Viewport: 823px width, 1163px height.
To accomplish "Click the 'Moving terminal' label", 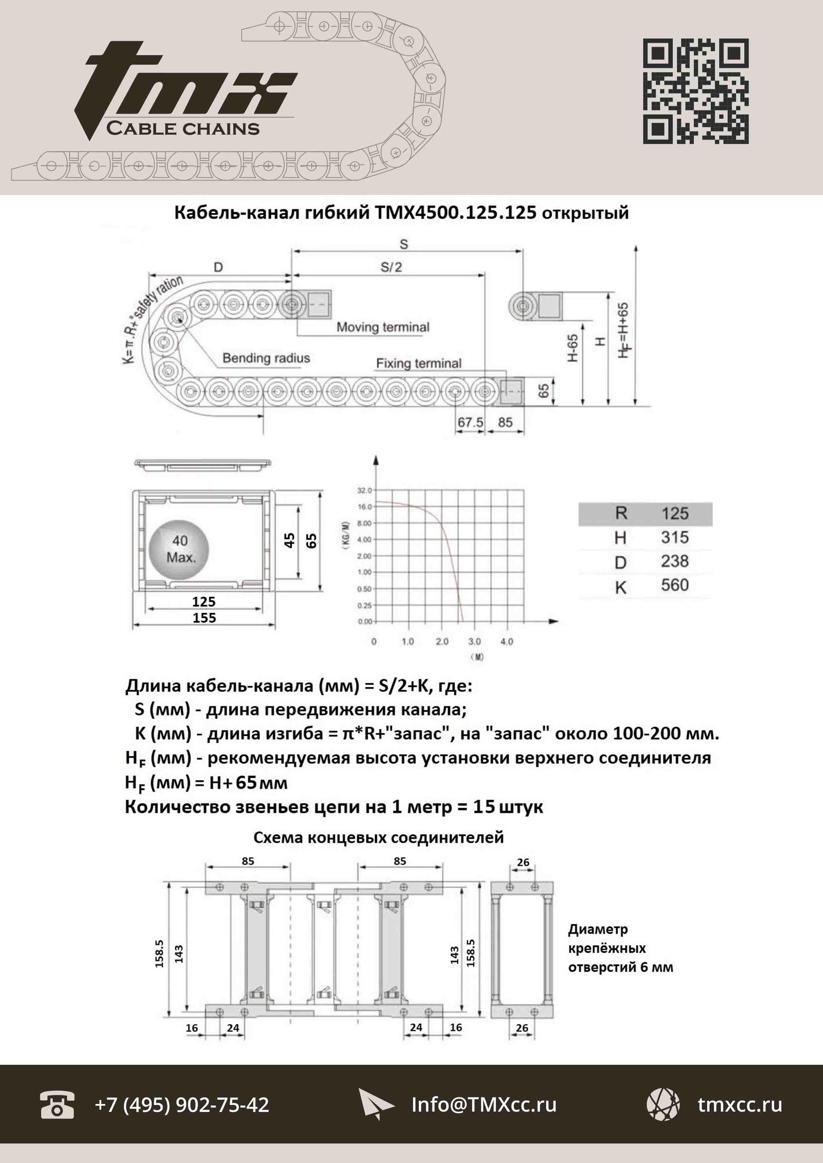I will point(383,327).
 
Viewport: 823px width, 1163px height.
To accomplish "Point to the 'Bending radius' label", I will point(266,358).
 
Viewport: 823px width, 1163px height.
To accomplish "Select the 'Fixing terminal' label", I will point(418,363).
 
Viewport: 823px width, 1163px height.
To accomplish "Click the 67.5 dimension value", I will point(470,422).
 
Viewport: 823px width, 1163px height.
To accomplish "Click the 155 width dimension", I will point(204,617).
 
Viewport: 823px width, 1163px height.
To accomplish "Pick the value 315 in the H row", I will point(675,538).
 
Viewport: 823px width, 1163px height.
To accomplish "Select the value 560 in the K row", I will point(675,585).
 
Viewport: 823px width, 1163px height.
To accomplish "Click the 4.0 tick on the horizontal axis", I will point(506,641).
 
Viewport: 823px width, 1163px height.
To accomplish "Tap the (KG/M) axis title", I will point(345,534).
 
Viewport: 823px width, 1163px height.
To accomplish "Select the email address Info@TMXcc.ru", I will point(484,1105).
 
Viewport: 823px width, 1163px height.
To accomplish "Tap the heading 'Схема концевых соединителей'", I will point(379,837).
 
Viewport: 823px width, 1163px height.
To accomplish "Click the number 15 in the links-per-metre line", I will point(484,807).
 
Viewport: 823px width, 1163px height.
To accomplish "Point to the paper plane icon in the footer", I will point(375,1104).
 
